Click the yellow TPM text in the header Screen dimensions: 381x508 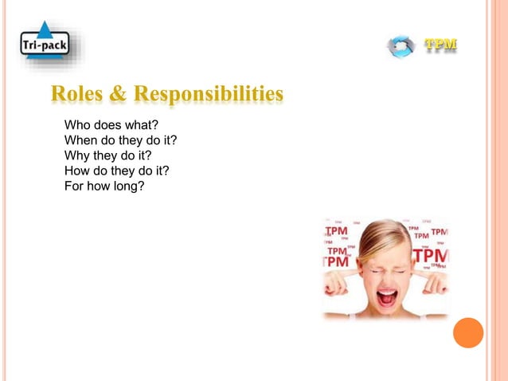(440, 44)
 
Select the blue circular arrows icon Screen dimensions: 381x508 (401, 45)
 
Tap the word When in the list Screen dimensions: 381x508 (80, 140)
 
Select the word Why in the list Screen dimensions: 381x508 (76, 155)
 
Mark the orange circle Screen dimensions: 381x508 (467, 332)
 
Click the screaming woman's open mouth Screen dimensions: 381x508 (387, 299)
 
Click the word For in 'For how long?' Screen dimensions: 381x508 (73, 187)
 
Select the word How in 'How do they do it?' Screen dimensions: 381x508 (76, 171)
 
